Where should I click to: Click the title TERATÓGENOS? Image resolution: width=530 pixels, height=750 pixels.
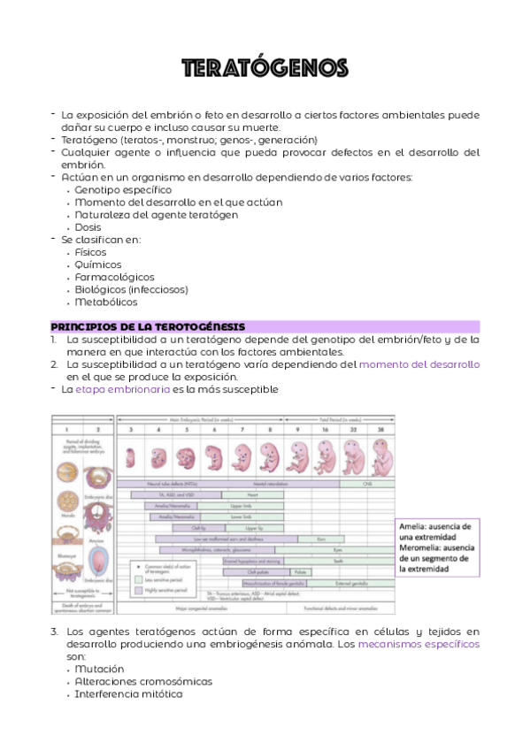[265, 68]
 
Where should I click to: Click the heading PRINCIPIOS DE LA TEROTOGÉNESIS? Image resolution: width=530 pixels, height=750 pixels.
[148, 326]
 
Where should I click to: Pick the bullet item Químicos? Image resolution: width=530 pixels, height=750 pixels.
[98, 264]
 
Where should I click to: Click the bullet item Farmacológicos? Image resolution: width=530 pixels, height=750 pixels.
[114, 277]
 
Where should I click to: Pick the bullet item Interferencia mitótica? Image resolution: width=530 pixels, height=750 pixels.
[128, 693]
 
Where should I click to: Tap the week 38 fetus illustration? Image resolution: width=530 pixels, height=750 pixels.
[380, 457]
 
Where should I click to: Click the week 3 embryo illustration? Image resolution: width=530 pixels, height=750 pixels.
[131, 457]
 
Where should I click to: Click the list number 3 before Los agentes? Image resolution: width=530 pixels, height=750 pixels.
[54, 631]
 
